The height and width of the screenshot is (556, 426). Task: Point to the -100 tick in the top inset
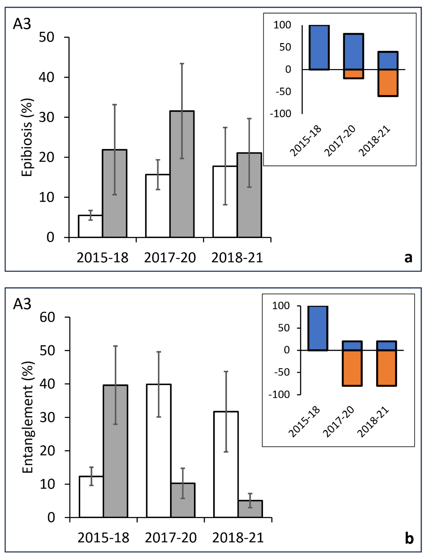tap(280, 114)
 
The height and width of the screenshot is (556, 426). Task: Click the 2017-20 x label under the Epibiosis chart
tap(170, 258)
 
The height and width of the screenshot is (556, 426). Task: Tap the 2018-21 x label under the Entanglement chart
tap(238, 538)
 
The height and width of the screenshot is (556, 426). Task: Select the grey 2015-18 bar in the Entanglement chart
tap(115, 452)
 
